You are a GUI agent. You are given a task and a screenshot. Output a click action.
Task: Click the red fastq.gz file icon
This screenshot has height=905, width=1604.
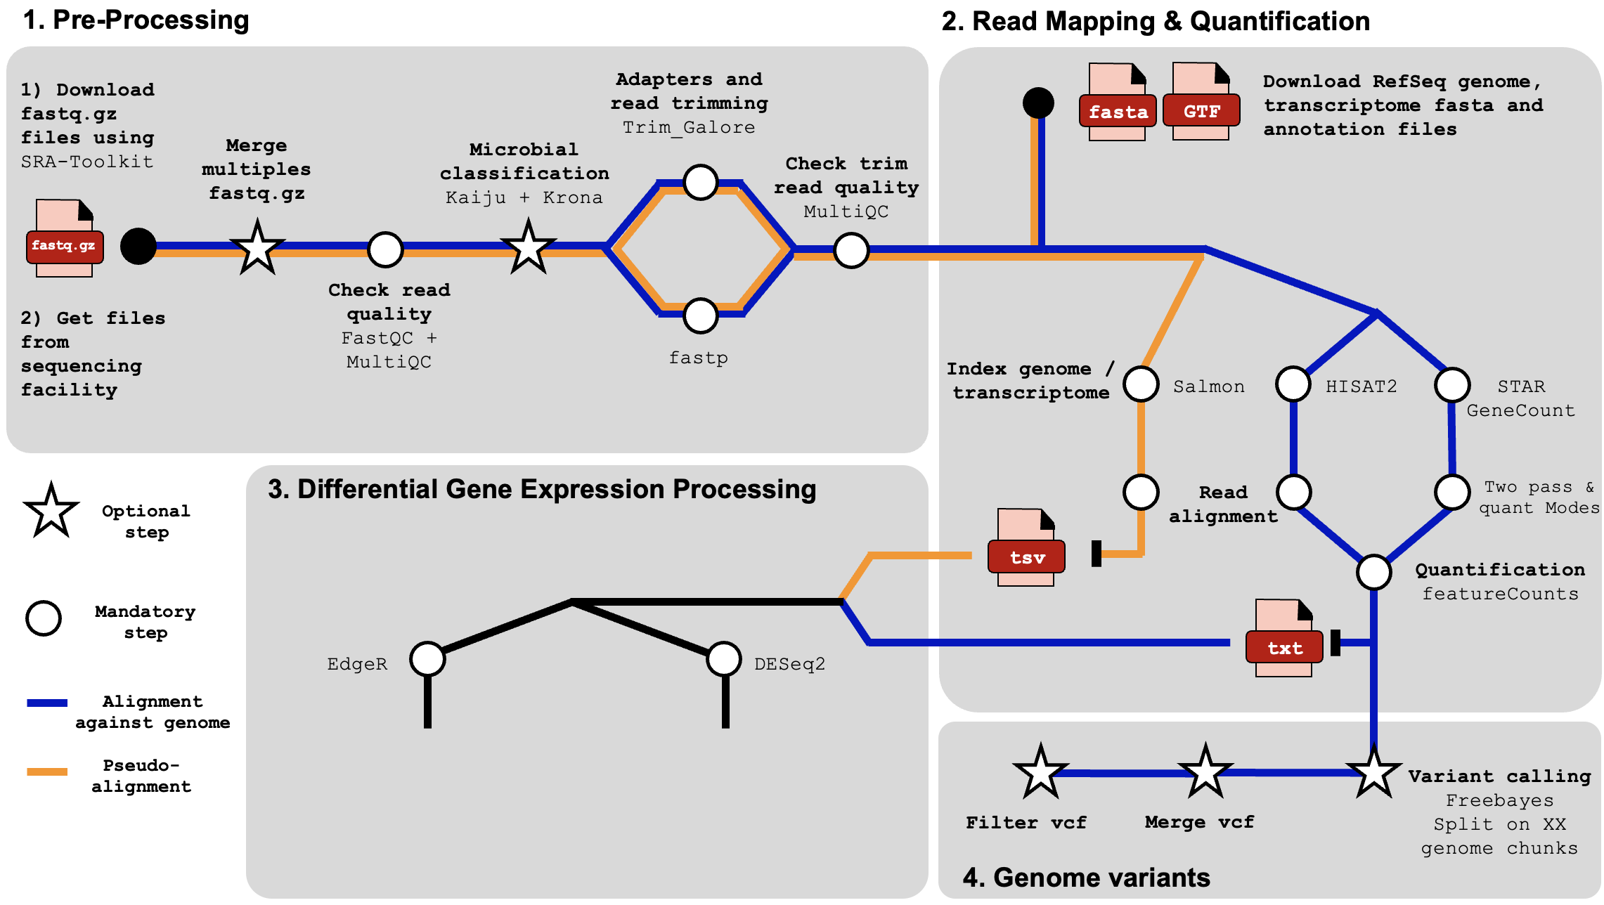pos(65,246)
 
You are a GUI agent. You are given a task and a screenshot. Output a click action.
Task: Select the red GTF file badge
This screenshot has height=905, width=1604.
pos(1201,111)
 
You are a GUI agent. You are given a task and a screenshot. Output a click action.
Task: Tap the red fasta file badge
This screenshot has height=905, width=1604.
pos(1118,112)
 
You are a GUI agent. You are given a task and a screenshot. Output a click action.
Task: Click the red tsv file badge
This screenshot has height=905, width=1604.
pos(1027,557)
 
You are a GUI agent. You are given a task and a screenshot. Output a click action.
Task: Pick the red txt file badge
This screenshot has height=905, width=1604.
pos(1284,648)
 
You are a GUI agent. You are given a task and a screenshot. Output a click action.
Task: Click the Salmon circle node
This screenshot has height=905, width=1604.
pos(1141,384)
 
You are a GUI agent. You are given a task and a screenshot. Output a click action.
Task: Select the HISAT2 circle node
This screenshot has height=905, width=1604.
pos(1293,384)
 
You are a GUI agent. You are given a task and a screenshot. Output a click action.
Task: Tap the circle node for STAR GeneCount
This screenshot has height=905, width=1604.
pos(1452,384)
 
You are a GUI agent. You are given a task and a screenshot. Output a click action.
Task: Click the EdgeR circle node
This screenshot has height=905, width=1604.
pos(427,659)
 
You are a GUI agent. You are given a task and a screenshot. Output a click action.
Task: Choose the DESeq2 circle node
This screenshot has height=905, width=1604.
pos(724,659)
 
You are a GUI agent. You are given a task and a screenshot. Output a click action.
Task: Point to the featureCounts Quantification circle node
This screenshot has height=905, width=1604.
pos(1373,572)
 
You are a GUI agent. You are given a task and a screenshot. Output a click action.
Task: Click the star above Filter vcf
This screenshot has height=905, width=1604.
pos(1040,772)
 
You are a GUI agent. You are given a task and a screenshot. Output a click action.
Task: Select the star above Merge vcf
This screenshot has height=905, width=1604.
pos(1205,772)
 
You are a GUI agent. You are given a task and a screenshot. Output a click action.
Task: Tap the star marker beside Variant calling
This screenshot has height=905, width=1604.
pos(1373,772)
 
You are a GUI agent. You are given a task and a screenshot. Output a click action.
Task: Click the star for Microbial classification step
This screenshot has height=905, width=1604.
pos(528,247)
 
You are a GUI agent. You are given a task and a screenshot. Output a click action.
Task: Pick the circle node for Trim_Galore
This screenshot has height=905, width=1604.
pos(700,183)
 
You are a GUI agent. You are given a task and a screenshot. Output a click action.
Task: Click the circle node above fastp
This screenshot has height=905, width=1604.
pos(700,315)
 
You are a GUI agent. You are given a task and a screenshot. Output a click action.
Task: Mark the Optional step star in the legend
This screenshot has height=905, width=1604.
pos(51,512)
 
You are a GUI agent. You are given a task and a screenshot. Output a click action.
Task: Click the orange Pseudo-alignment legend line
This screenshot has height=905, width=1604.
pos(47,771)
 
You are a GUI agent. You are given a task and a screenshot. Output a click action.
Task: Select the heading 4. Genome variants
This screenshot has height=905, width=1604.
pos(1086,878)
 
